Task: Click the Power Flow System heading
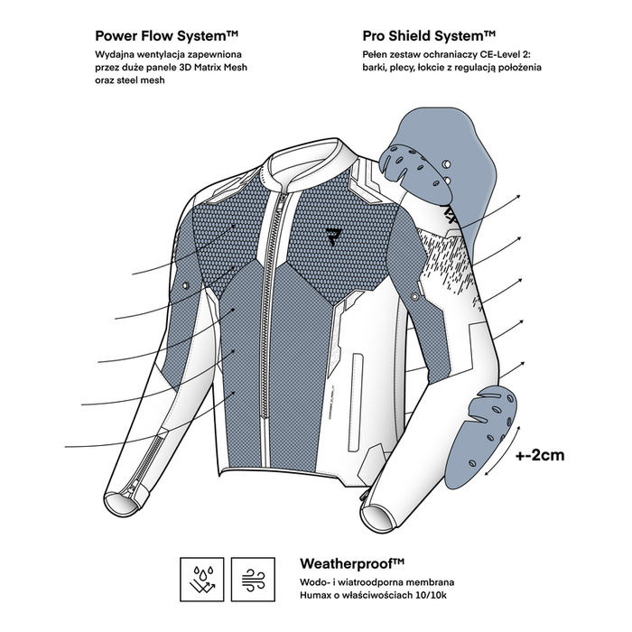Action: coord(166,36)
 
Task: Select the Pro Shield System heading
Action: coord(429,36)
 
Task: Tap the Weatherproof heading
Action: coord(352,563)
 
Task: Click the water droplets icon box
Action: coord(202,580)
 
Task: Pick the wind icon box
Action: coord(253,580)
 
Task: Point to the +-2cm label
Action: coord(540,455)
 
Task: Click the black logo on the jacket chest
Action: coord(334,237)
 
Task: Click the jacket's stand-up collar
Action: coord(307,162)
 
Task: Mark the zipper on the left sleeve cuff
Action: coord(146,462)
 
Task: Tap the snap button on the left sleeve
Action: coord(185,285)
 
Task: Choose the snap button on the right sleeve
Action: coord(414,297)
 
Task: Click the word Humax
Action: coord(312,595)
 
